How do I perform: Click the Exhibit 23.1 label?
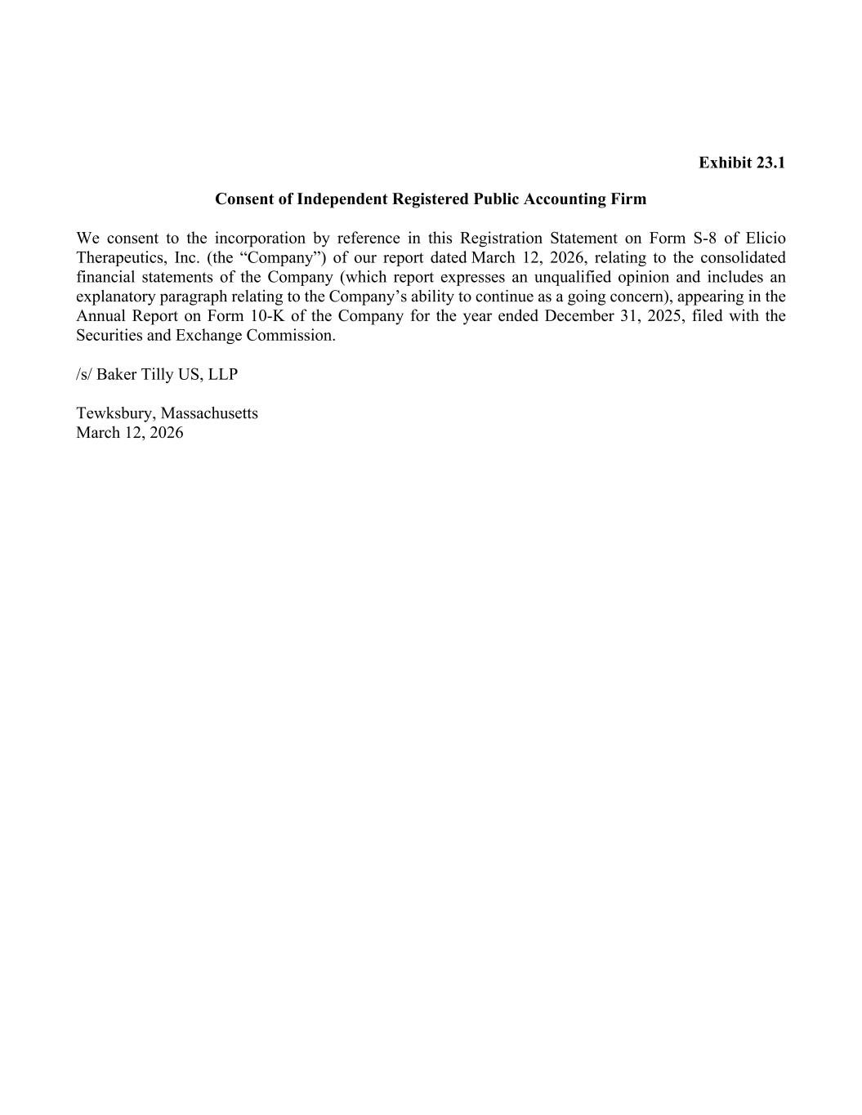pos(741,163)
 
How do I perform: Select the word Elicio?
pos(766,239)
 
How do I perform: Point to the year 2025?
pos(663,316)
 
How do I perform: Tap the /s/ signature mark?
pos(84,375)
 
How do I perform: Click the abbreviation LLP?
pos(221,375)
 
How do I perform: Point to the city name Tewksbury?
pos(115,413)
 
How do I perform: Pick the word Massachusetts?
pos(209,413)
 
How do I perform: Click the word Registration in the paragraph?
pos(504,239)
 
